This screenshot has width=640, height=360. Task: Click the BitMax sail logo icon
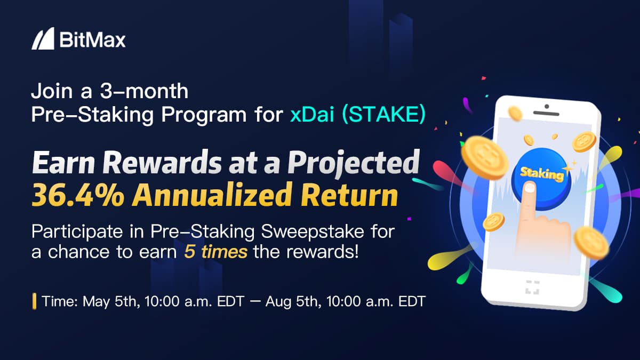[43, 38]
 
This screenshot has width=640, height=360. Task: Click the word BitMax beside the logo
[93, 40]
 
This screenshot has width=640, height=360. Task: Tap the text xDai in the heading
[312, 115]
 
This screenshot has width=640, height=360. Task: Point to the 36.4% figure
[78, 195]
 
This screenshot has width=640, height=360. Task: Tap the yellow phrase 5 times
[215, 252]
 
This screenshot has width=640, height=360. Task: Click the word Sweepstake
[313, 231]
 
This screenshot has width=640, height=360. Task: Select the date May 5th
[111, 301]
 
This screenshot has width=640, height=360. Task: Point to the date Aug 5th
[293, 301]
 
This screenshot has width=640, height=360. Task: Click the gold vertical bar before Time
[35, 301]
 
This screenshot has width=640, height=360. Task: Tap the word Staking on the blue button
[541, 174]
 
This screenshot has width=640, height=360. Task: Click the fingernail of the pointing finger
[530, 187]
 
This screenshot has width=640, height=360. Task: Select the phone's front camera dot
[547, 107]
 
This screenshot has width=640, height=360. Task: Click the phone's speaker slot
[546, 113]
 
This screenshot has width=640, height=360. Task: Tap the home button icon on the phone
[532, 287]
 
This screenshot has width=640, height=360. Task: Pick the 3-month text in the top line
[144, 91]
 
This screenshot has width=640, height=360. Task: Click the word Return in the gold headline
[349, 195]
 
